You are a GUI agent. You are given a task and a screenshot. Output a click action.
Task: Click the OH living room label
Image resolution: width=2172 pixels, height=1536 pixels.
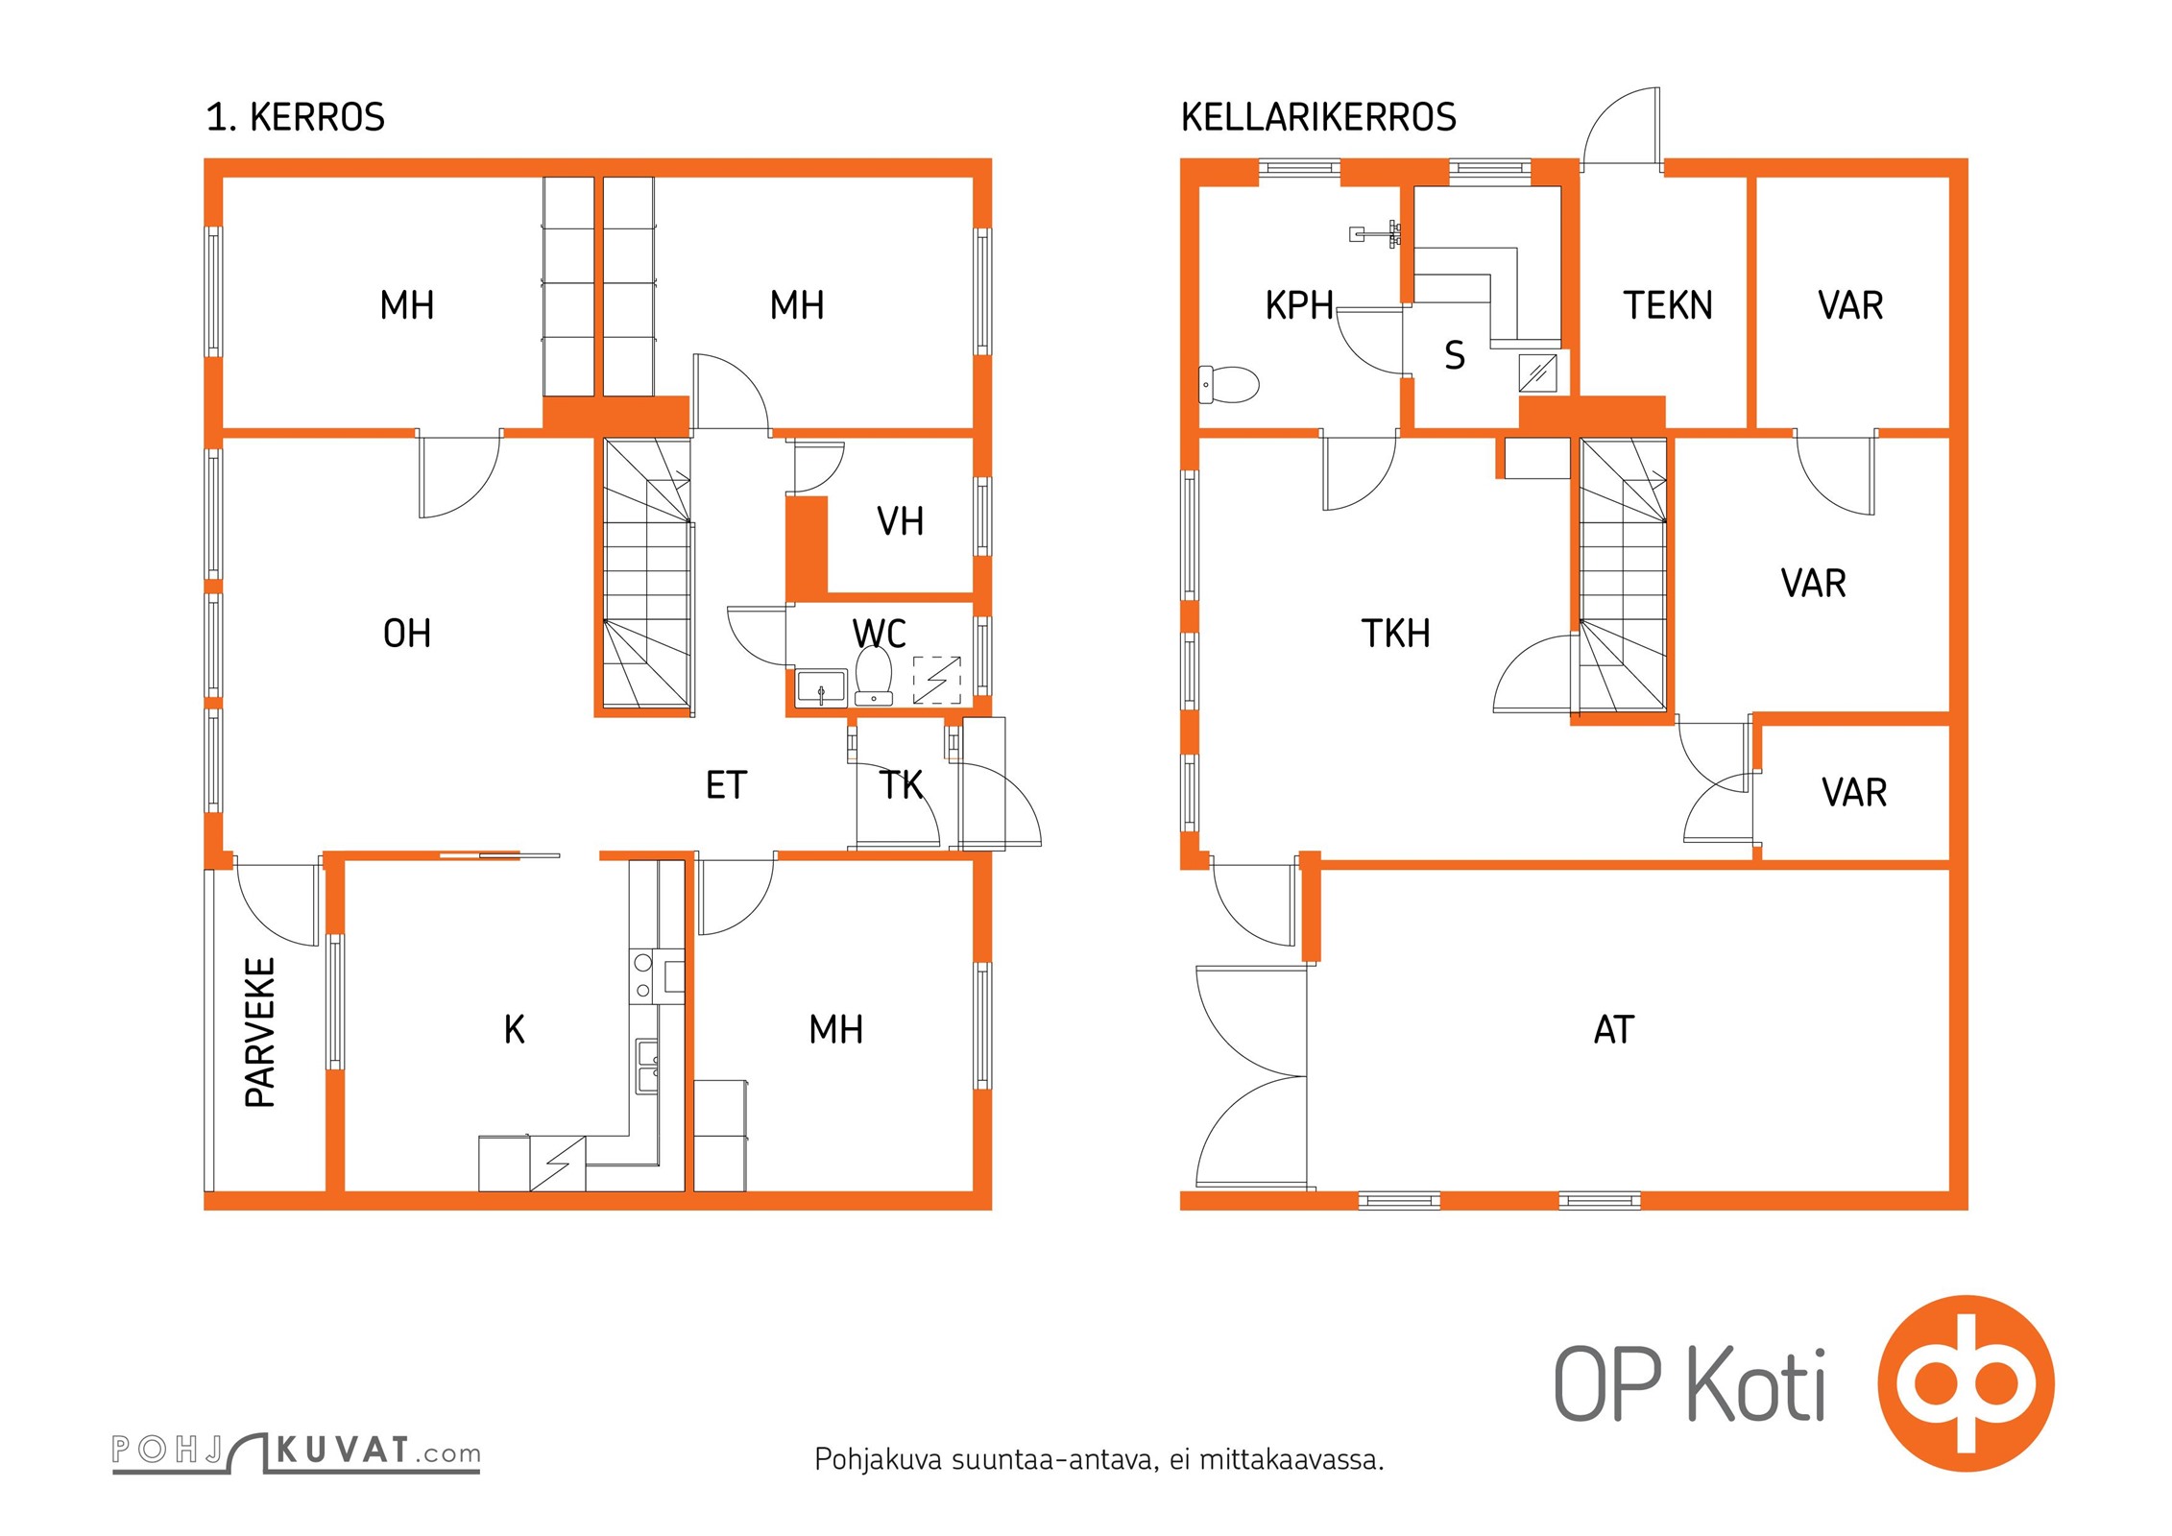tap(407, 634)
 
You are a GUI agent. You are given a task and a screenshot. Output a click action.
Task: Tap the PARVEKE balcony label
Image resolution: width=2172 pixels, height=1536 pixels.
tap(260, 1032)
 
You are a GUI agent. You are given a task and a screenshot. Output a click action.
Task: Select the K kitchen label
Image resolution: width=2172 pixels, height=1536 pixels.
tap(515, 1029)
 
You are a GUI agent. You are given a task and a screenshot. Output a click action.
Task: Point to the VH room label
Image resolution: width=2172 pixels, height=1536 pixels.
tap(901, 521)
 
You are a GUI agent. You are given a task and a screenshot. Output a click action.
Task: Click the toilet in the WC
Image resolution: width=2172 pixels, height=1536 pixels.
tap(874, 676)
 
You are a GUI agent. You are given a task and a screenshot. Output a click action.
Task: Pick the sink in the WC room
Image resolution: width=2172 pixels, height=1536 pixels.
tap(822, 687)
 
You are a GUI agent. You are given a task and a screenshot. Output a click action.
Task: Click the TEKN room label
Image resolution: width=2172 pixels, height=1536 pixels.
tap(1668, 305)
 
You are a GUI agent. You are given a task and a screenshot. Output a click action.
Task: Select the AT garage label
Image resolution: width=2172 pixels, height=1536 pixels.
tap(1614, 1029)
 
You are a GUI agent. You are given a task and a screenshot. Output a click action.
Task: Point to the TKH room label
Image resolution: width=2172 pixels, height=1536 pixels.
tap(1396, 634)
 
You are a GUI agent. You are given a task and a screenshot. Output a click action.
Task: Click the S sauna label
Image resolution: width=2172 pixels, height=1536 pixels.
tap(1455, 355)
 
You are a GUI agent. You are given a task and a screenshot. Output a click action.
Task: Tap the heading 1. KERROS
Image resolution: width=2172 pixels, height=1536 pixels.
tap(296, 117)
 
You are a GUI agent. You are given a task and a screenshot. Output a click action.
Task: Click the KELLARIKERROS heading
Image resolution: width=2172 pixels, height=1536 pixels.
tap(1318, 117)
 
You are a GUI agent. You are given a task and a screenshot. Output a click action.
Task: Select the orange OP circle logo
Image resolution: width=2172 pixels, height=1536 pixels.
tap(1966, 1383)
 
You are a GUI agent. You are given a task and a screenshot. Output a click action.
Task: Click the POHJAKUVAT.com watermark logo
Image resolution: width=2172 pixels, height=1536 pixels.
tap(296, 1452)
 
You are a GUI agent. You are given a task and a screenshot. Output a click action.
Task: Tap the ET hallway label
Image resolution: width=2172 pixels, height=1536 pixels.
tap(726, 785)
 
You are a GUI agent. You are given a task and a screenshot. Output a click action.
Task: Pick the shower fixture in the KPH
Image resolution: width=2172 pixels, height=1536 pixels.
tap(1375, 233)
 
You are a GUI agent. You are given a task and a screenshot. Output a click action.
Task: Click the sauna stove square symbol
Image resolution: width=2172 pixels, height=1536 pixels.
tap(1538, 372)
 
